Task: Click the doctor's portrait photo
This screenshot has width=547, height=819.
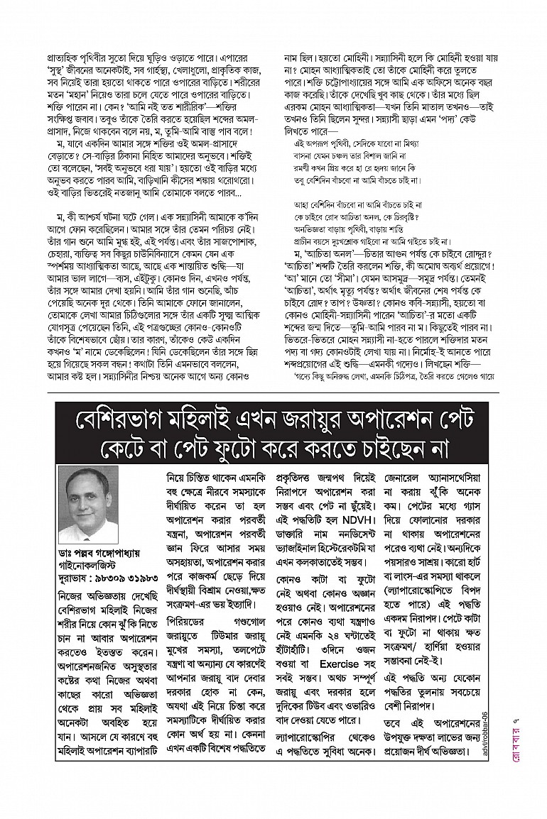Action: [x=88, y=503]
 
